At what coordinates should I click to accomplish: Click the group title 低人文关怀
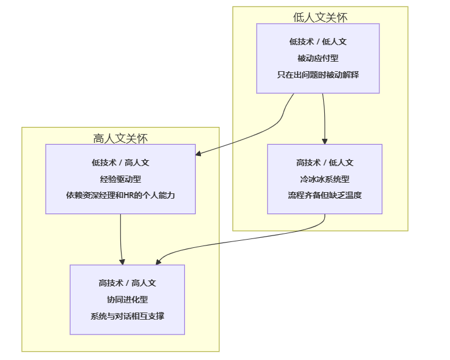(320, 17)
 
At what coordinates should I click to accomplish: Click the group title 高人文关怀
(120, 138)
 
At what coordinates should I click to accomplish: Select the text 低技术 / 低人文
(318, 42)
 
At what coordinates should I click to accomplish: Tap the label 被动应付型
(318, 58)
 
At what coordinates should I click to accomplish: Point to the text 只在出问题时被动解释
(318, 75)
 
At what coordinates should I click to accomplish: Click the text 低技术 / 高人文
(120, 162)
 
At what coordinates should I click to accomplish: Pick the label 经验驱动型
(120, 179)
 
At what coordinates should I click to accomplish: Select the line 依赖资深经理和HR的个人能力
(120, 195)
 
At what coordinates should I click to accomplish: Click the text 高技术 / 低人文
(324, 162)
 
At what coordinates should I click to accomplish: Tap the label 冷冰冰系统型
(324, 179)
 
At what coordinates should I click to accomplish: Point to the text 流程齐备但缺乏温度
(324, 195)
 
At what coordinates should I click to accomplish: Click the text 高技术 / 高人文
(127, 283)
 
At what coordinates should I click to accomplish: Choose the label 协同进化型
(127, 300)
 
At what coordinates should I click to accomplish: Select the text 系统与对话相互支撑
(127, 316)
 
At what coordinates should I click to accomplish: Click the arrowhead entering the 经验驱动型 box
(199, 154)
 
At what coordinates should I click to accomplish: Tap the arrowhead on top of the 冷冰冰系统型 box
(325, 141)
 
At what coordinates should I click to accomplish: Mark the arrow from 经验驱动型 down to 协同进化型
(121, 237)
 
